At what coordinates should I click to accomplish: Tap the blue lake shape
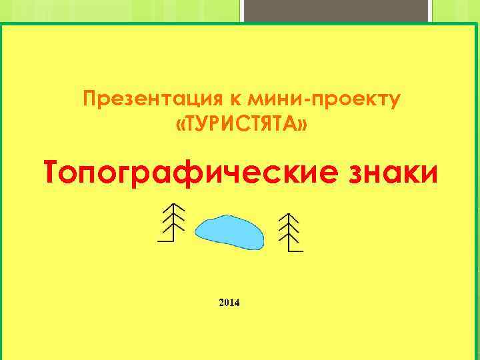point(229,231)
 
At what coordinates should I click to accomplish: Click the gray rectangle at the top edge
point(336,11)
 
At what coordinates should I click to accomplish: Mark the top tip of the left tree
point(173,203)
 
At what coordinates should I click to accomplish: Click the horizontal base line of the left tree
point(165,241)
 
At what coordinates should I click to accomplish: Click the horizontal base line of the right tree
point(296,251)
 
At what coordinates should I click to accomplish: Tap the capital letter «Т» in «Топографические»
point(53,173)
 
